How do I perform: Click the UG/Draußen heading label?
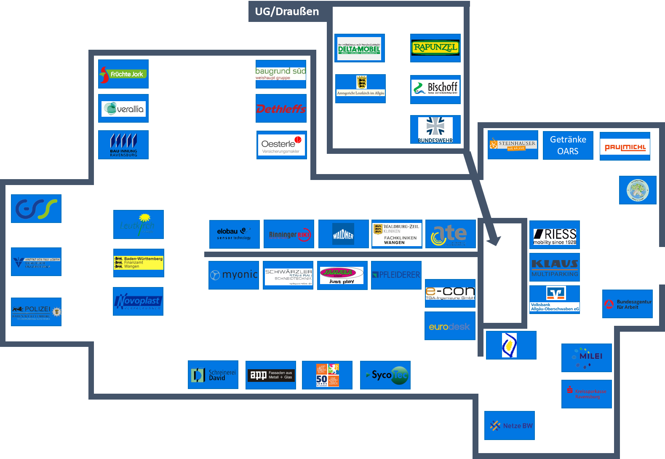click(x=287, y=11)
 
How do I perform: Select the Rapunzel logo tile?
click(x=435, y=48)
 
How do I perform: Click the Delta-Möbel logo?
click(x=359, y=48)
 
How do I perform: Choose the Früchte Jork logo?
click(x=123, y=74)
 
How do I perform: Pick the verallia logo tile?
click(x=123, y=108)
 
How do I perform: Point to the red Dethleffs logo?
click(x=281, y=109)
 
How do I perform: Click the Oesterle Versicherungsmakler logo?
click(x=281, y=145)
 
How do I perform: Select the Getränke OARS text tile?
click(x=568, y=145)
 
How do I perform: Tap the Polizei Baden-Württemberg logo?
click(x=36, y=312)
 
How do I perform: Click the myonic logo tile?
click(x=234, y=275)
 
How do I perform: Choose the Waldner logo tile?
click(x=343, y=234)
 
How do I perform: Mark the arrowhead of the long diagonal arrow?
click(x=494, y=241)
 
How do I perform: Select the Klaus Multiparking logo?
click(x=554, y=267)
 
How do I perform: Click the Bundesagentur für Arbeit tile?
click(x=627, y=304)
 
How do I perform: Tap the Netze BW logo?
click(x=510, y=425)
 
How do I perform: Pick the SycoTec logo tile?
click(x=385, y=375)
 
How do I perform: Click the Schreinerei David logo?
click(x=213, y=375)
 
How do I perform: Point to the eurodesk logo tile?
click(x=450, y=326)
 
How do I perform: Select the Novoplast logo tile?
click(x=138, y=301)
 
